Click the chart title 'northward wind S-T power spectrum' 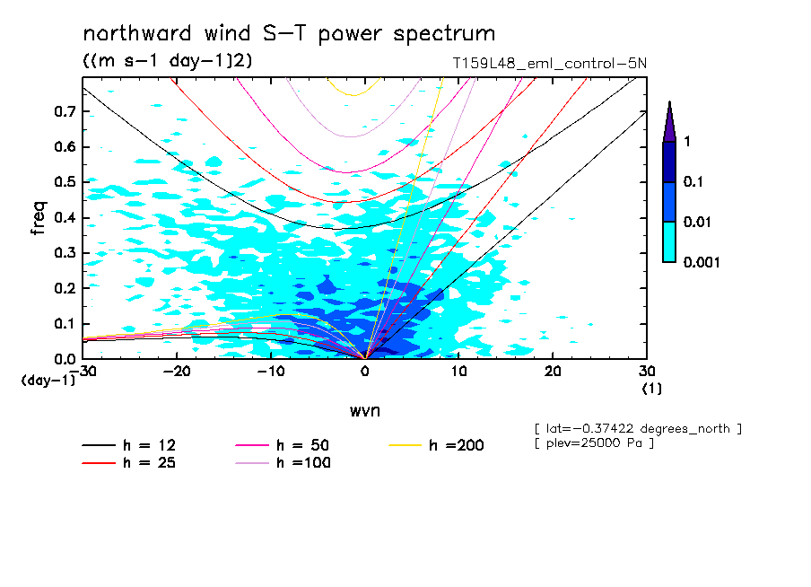[289, 34]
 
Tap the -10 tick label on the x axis [270, 371]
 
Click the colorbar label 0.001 [703, 262]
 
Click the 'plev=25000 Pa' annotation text [593, 443]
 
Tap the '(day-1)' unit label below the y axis [48, 380]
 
